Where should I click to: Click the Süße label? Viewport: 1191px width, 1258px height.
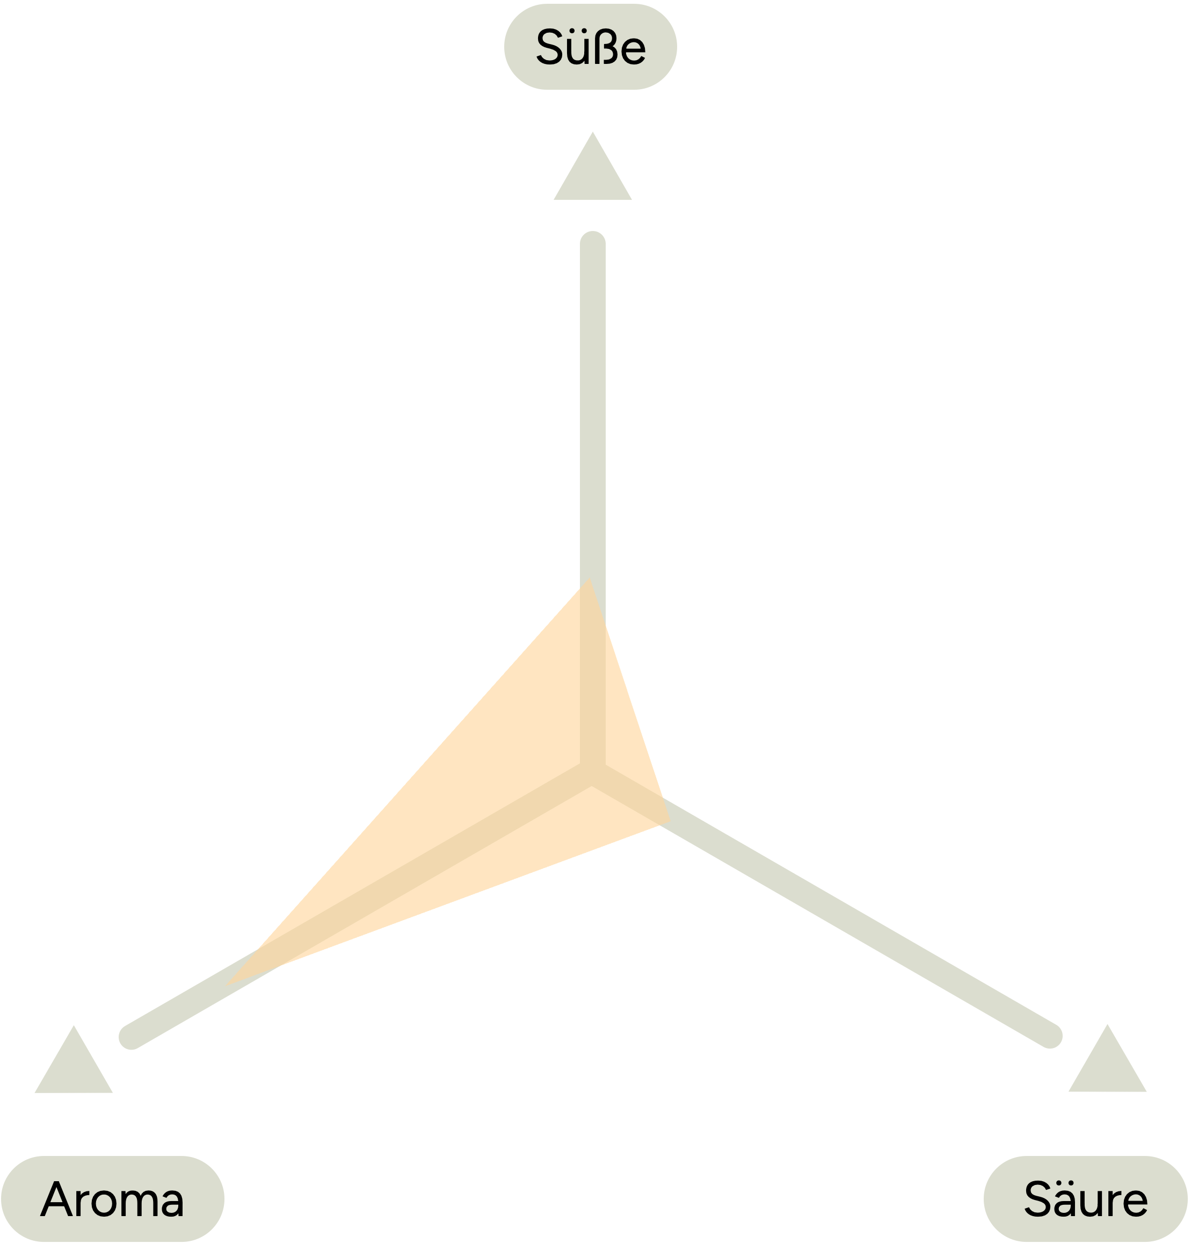[591, 47]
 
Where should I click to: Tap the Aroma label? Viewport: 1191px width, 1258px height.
[112, 1199]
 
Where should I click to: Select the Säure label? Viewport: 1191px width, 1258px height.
[1086, 1199]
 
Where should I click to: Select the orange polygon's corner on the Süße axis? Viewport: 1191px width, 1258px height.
[589, 579]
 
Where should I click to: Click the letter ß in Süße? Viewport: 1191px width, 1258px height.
[606, 46]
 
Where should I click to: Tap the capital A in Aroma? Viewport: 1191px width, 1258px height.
[56, 1199]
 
